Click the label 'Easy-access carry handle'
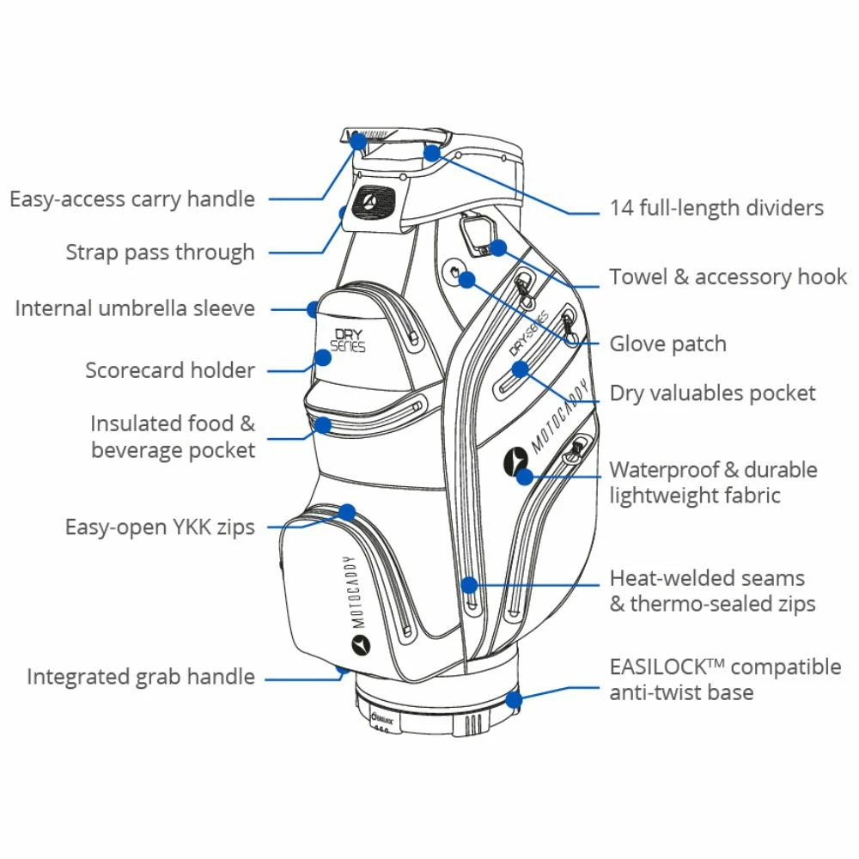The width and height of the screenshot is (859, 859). tap(132, 199)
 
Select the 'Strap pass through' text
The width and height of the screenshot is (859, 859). tap(161, 253)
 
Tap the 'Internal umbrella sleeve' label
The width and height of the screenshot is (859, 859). tap(135, 308)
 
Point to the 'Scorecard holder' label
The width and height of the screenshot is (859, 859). tap(170, 370)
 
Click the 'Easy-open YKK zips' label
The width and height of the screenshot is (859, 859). tap(160, 526)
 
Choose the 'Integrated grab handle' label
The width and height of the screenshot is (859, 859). tap(141, 676)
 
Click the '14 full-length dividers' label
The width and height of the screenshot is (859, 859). tap(716, 208)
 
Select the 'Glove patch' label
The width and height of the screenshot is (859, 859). tap(667, 344)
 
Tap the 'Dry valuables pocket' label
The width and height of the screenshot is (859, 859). tap(712, 393)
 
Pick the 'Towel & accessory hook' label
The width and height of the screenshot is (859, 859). tap(728, 277)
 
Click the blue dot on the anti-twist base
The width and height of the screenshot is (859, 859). tap(514, 698)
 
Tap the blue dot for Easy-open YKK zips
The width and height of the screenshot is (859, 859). tap(347, 513)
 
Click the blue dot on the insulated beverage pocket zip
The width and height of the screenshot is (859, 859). tap(323, 424)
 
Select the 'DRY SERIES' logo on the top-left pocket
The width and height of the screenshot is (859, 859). tap(347, 338)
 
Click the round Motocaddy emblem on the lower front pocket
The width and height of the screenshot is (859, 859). tap(360, 644)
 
